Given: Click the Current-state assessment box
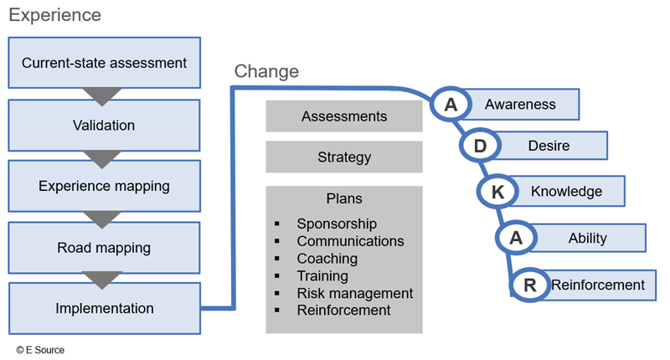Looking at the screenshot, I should click(x=104, y=63).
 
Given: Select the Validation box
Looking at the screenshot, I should click(x=104, y=126).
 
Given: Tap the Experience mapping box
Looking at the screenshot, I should click(x=104, y=186).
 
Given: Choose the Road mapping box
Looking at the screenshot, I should click(x=104, y=247).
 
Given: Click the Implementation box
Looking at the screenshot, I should click(x=105, y=308).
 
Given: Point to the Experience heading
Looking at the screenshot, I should click(x=55, y=15).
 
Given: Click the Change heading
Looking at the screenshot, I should click(x=266, y=72).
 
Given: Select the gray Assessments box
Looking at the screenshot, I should click(x=344, y=116).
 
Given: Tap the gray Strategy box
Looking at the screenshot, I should click(x=344, y=157).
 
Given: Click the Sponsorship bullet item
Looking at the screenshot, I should click(x=337, y=224).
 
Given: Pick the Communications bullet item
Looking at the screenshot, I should click(x=350, y=241).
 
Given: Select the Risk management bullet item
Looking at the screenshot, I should click(x=354, y=293).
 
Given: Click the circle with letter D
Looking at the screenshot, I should click(x=480, y=147).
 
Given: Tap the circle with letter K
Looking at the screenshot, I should click(x=497, y=192).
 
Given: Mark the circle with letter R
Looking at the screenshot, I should click(x=529, y=285).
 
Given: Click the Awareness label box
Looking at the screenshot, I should click(x=520, y=105).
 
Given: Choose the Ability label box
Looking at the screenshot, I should click(x=587, y=238).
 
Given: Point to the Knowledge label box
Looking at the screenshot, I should click(x=566, y=191).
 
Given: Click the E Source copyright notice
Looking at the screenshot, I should click(x=39, y=349).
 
